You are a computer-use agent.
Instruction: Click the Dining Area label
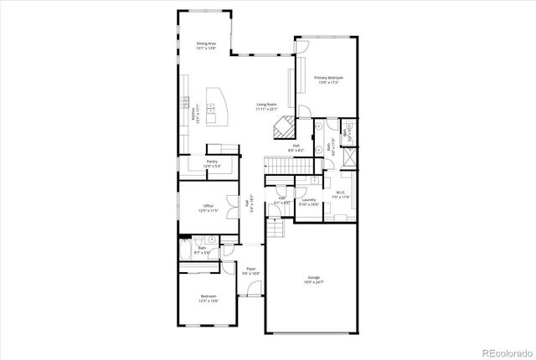click(207, 44)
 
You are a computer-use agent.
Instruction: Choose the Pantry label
click(213, 162)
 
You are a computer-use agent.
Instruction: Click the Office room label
click(209, 206)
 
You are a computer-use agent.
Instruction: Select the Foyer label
click(250, 269)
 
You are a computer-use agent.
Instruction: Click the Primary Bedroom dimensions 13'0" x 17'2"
click(329, 84)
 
